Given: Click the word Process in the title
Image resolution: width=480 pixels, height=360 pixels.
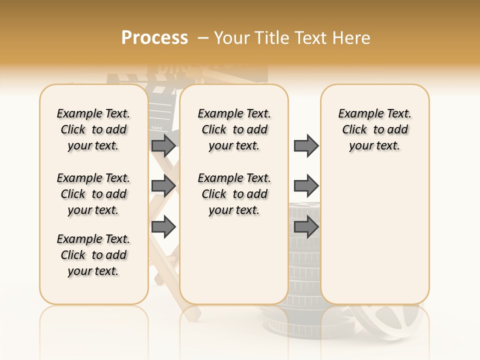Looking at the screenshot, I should pyautogui.click(x=154, y=38).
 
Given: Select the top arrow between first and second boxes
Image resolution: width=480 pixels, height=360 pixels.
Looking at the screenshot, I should pyautogui.click(x=163, y=145).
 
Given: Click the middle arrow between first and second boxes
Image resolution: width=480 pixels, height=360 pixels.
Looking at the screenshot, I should pyautogui.click(x=163, y=186).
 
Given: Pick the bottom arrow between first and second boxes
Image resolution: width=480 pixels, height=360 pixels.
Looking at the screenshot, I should pyautogui.click(x=163, y=227).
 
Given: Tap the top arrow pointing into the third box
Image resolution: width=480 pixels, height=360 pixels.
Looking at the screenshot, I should pyautogui.click(x=306, y=145).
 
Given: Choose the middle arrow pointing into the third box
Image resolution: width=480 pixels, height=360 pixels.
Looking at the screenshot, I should pyautogui.click(x=306, y=186).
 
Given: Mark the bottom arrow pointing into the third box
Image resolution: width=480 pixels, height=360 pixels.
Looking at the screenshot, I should pyautogui.click(x=306, y=227).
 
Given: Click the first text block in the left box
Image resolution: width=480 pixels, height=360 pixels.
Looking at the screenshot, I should pyautogui.click(x=93, y=129).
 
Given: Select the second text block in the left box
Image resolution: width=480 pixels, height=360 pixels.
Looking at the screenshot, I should pyautogui.click(x=93, y=194).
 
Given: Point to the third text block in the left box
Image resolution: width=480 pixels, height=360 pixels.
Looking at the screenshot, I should pyautogui.click(x=93, y=255).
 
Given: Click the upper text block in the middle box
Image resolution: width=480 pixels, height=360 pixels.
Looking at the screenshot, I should pyautogui.click(x=234, y=129).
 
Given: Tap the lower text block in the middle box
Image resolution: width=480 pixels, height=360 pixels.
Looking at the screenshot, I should pyautogui.click(x=234, y=194).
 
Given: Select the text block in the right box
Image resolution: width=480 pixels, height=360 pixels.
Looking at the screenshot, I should pyautogui.click(x=375, y=129).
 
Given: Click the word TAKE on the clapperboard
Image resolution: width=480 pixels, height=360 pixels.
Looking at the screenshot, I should pyautogui.click(x=156, y=128).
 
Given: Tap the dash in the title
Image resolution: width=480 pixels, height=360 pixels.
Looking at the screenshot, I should pyautogui.click(x=203, y=38).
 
